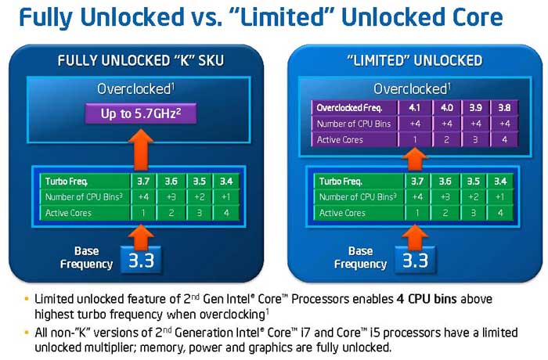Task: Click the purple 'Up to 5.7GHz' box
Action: [x=141, y=113]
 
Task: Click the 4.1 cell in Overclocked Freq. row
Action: [x=414, y=108]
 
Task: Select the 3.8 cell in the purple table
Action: [x=504, y=108]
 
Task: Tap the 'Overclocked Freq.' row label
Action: [x=354, y=108]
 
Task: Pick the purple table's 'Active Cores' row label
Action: [x=354, y=140]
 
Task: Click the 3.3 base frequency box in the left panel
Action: [x=141, y=260]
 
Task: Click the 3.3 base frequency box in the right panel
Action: [x=415, y=260]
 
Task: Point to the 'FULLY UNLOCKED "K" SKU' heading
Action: [x=140, y=60]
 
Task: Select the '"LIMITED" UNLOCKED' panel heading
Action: [x=414, y=60]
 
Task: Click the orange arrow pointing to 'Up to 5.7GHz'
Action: [x=141, y=150]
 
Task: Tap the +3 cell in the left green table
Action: [x=171, y=196]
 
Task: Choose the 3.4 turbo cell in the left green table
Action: [x=226, y=181]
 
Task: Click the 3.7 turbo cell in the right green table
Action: [x=417, y=181]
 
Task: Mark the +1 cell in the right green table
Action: [x=500, y=196]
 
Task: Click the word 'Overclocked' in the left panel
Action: [x=134, y=89]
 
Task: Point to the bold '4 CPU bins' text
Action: [x=427, y=299]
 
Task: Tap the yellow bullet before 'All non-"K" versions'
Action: [x=27, y=332]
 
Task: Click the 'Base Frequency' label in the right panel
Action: [x=360, y=257]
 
